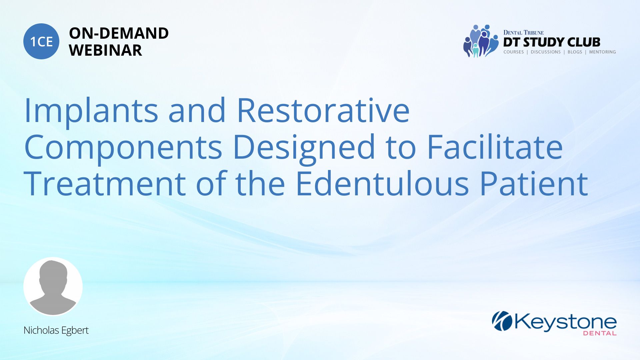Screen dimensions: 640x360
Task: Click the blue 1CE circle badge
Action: [x=41, y=41]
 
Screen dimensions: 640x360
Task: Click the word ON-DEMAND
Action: [x=119, y=33]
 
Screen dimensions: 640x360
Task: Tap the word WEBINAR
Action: [x=105, y=50]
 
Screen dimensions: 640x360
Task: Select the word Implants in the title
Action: [x=91, y=110]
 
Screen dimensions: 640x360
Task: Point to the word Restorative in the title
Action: [x=323, y=110]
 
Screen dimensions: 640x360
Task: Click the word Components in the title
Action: [x=123, y=147]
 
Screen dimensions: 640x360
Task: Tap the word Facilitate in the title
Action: [x=495, y=147]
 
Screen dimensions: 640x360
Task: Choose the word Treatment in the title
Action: [x=105, y=184]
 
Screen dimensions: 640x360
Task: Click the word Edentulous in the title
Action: [x=382, y=183]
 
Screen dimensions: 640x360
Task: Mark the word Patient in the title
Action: [x=534, y=184]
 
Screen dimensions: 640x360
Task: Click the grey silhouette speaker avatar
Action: [x=53, y=286]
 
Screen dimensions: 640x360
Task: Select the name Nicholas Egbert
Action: [x=56, y=330]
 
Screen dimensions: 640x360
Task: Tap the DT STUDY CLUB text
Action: [x=552, y=42]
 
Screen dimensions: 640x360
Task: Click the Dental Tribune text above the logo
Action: [x=523, y=33]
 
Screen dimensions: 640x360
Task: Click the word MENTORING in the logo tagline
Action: [x=602, y=52]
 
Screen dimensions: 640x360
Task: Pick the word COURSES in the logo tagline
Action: [x=513, y=52]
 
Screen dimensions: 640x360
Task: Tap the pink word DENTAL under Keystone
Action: [x=600, y=333]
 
